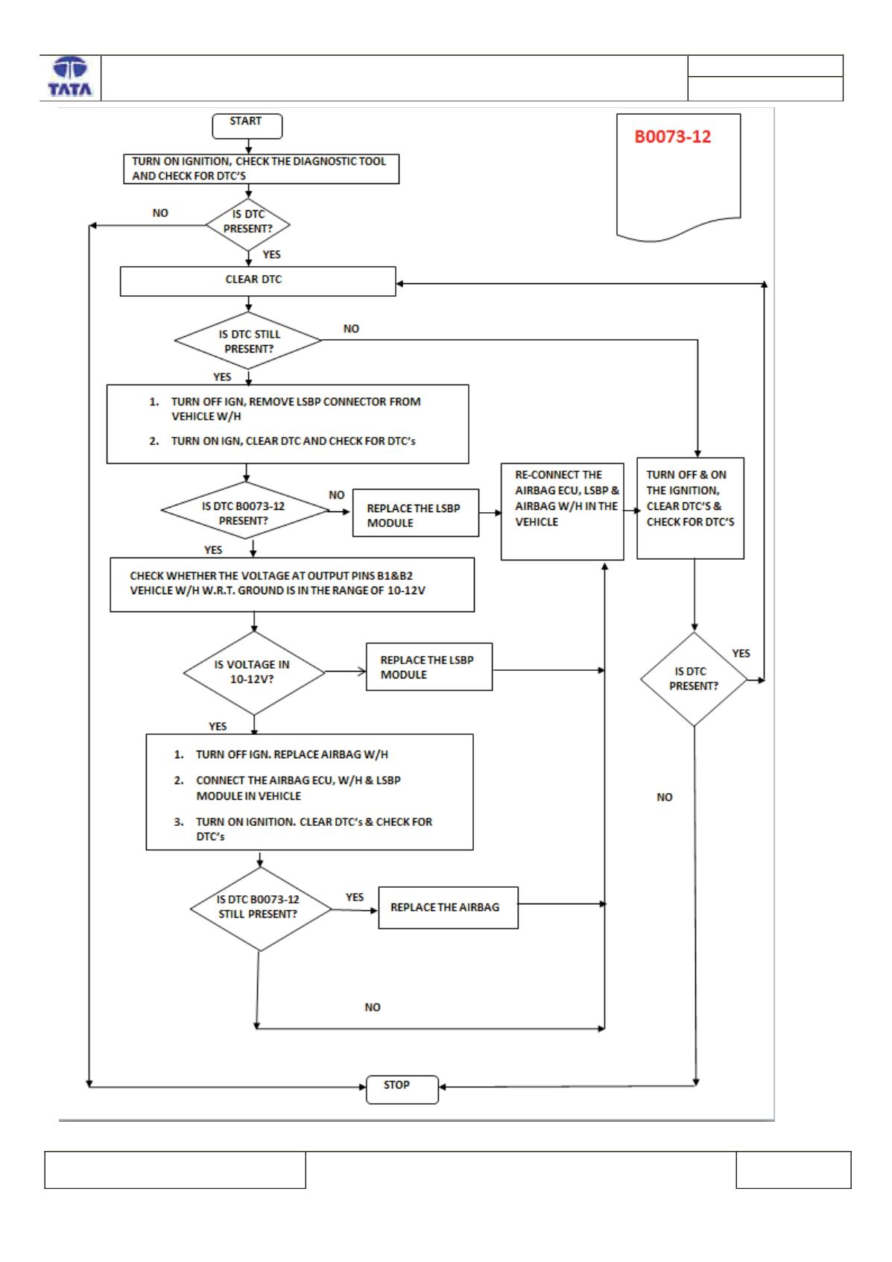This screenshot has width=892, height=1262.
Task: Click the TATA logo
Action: (70, 76)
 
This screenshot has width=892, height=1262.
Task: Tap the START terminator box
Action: (247, 126)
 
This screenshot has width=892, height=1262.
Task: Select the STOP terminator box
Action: (402, 1089)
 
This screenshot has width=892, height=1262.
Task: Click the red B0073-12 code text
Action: (672, 136)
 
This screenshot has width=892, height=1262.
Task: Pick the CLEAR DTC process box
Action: (258, 281)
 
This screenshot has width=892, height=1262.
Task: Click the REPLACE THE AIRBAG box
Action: (449, 908)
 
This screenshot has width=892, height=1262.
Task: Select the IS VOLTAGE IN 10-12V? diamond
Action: (254, 672)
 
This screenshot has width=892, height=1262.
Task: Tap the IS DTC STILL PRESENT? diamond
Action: (248, 341)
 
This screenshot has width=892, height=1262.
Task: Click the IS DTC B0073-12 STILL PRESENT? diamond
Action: (260, 909)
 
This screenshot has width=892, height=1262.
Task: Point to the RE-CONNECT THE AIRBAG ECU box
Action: (562, 511)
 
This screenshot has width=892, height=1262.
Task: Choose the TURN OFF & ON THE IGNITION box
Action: (690, 508)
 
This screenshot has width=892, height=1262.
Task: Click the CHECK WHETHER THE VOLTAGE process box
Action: (292, 585)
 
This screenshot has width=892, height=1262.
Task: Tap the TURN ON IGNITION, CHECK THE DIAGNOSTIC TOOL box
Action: (262, 169)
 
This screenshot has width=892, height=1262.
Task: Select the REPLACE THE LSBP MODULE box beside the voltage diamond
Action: (429, 666)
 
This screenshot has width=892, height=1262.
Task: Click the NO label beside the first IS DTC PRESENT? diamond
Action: (160, 213)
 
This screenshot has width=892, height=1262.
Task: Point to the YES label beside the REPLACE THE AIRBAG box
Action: (355, 897)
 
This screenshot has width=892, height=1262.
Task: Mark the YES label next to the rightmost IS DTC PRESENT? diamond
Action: (741, 653)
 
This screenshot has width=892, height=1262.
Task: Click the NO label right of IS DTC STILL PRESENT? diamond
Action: (351, 329)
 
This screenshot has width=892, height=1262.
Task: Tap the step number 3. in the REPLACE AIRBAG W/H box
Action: (179, 821)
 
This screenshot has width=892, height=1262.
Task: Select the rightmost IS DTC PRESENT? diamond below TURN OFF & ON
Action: (694, 679)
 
